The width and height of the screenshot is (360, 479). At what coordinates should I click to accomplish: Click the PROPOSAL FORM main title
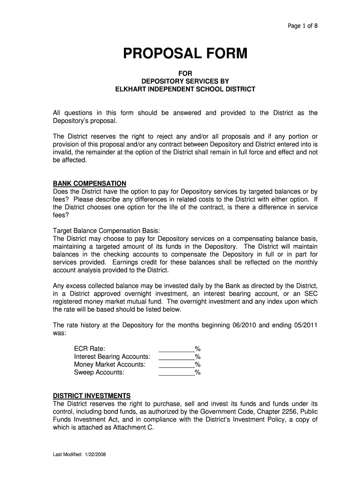(185, 55)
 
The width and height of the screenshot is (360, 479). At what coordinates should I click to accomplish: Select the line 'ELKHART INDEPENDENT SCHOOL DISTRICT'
(186, 89)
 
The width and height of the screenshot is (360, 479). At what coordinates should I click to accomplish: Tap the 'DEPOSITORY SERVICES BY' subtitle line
(186, 81)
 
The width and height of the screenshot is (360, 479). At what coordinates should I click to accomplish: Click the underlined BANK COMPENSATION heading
(90, 183)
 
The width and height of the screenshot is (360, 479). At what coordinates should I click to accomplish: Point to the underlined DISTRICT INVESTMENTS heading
(92, 395)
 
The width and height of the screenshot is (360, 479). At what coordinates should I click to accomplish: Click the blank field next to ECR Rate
(177, 348)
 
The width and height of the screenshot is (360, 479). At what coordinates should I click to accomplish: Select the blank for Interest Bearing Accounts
(177, 356)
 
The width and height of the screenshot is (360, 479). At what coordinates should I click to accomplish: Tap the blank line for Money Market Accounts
(177, 364)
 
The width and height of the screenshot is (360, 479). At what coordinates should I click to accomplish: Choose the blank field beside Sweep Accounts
(177, 372)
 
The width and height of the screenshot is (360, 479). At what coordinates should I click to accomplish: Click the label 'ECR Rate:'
(90, 348)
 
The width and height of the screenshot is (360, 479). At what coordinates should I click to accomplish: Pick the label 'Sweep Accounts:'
(99, 372)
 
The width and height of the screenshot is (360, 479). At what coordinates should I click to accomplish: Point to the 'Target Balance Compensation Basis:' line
(107, 231)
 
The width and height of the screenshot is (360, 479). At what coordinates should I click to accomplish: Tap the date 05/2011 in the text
(305, 325)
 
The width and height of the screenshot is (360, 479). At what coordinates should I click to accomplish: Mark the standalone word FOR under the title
(186, 73)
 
